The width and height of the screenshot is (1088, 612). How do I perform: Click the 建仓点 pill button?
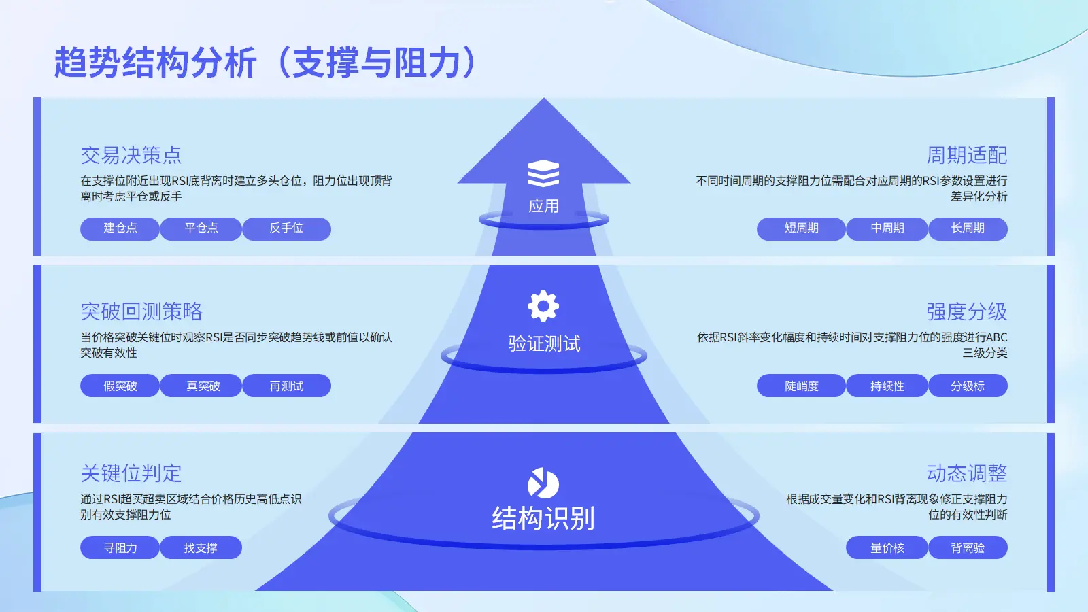(x=120, y=228)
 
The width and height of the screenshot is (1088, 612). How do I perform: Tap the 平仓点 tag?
(x=201, y=228)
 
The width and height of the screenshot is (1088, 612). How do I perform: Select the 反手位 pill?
(x=286, y=228)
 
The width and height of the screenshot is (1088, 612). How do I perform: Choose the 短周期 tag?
(x=801, y=228)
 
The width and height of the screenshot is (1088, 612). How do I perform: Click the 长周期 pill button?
(x=968, y=228)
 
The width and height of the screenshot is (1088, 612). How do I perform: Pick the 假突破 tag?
(x=120, y=386)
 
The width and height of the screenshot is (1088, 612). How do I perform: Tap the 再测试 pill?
(x=286, y=386)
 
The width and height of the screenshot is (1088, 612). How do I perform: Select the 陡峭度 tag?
(x=801, y=386)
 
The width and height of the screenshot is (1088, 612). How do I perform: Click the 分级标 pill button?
(x=968, y=386)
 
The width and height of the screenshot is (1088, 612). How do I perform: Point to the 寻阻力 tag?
(x=120, y=548)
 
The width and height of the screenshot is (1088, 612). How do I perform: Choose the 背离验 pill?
(x=968, y=548)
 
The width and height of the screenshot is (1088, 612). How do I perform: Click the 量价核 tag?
(x=887, y=548)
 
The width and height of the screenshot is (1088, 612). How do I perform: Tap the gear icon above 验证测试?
(x=543, y=306)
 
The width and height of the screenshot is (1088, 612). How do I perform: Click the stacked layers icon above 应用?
(x=543, y=173)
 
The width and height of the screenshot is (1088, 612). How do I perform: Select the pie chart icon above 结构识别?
(x=543, y=483)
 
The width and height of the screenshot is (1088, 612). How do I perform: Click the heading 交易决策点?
(x=131, y=155)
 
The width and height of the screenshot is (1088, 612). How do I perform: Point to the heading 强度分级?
(x=966, y=311)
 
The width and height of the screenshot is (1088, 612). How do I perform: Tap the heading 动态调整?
(x=966, y=473)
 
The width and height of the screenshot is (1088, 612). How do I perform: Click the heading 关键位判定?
(x=131, y=473)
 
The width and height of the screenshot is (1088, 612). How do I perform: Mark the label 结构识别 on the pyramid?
(x=543, y=518)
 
